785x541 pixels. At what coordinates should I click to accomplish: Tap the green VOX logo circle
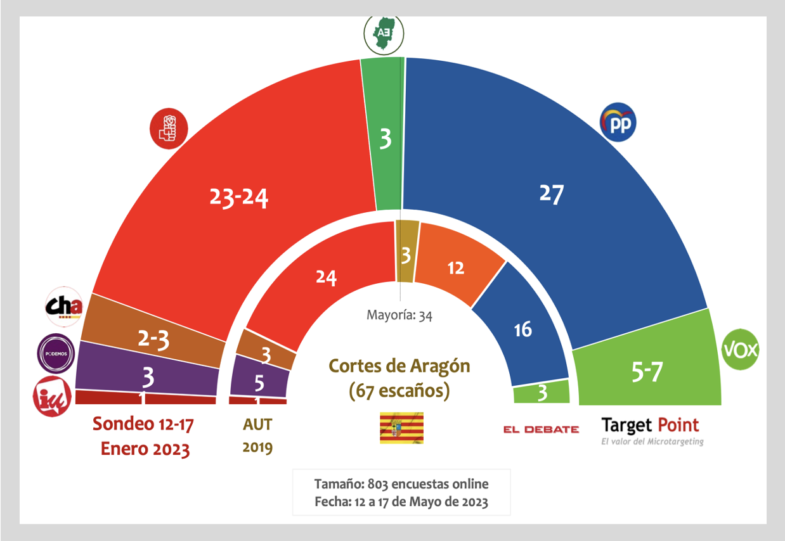[741, 349]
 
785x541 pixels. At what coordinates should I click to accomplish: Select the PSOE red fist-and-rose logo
[169, 127]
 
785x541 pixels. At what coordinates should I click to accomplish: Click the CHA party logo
[64, 307]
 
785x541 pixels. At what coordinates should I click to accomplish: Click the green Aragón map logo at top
[384, 32]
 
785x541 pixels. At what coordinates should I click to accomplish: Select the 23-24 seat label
[239, 198]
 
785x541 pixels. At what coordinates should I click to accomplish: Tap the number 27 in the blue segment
[550, 194]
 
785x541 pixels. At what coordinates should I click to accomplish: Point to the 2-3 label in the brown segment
[153, 340]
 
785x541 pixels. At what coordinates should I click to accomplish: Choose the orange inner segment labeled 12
[456, 267]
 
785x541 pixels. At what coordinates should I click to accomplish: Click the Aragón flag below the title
[401, 428]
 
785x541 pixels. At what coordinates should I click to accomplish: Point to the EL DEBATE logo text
[541, 430]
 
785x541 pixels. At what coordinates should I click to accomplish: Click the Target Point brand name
[650, 425]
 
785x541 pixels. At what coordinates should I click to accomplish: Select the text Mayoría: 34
[399, 315]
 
